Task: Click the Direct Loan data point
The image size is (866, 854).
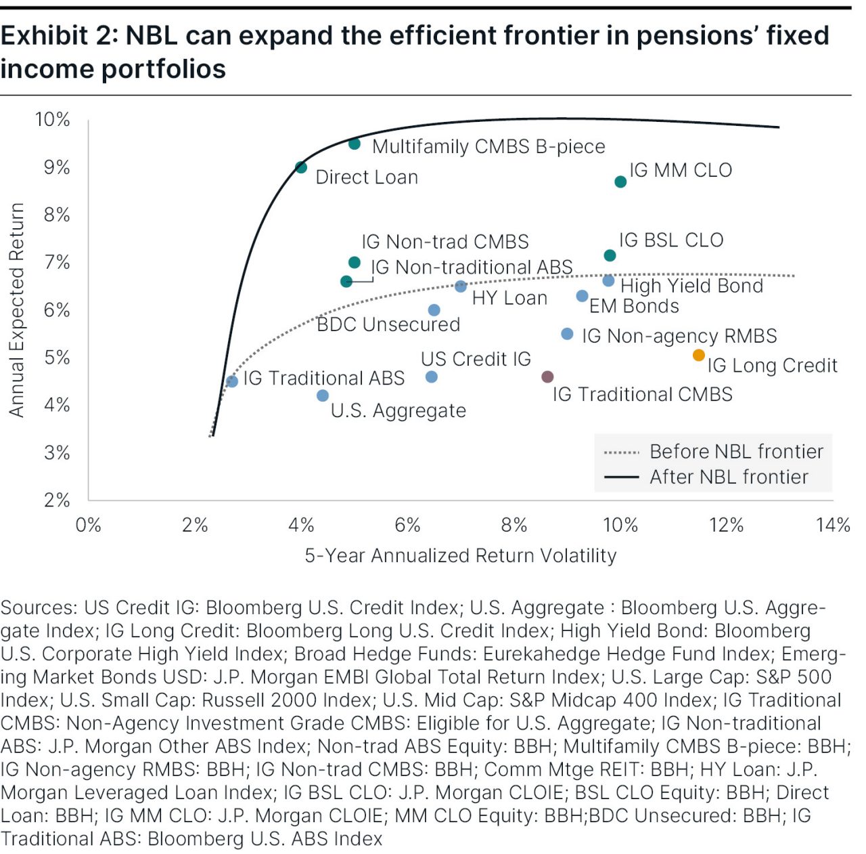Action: coord(301,167)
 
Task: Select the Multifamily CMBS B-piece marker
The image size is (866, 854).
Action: coord(355,144)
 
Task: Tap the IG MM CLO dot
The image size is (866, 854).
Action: coord(620,182)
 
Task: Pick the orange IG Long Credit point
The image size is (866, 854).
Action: coord(699,355)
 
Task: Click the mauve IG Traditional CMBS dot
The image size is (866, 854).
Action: coord(548,377)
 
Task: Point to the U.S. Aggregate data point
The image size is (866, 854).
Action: coord(323,396)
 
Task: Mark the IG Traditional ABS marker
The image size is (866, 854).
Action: coord(232,381)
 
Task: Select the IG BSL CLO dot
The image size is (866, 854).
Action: coord(610,255)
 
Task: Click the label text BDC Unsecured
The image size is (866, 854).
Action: coord(388,324)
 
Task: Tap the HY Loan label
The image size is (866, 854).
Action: coord(509,298)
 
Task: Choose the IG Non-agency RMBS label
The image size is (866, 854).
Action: coord(679,336)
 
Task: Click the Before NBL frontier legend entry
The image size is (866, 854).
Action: coord(736,452)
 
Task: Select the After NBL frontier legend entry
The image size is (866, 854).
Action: coord(729,477)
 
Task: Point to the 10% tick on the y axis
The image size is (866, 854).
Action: coord(53,120)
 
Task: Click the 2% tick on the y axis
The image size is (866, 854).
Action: coord(57,500)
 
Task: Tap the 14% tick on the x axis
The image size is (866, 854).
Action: coord(833,525)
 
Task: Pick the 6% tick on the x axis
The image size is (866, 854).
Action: coord(408,525)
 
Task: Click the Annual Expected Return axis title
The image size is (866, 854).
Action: coord(17,310)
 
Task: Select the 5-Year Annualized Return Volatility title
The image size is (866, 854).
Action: coord(460,556)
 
